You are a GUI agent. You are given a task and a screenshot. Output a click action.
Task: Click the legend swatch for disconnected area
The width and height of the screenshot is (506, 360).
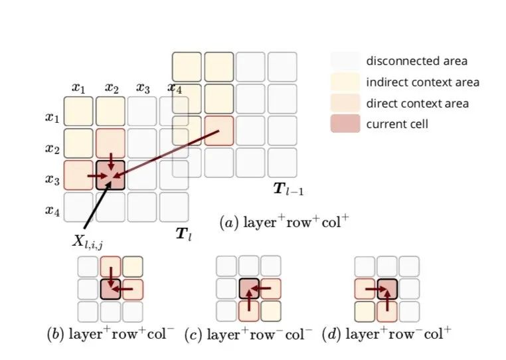(x=345, y=60)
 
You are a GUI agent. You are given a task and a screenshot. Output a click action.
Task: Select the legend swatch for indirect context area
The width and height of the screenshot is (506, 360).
(x=345, y=82)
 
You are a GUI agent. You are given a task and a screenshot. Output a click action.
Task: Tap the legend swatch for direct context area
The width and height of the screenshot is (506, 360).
(x=345, y=103)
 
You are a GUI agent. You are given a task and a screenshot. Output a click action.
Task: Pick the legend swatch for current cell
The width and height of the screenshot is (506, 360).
(x=345, y=124)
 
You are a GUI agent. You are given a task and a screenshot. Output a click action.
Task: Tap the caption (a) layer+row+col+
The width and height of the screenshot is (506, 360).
(x=284, y=223)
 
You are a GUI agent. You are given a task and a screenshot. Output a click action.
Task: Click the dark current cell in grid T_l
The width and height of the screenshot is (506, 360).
(x=111, y=175)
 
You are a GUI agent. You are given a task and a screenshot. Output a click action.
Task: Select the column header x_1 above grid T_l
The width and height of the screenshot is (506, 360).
(x=79, y=88)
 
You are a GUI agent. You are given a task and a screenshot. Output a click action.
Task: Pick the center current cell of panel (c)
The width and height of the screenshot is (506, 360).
(x=249, y=289)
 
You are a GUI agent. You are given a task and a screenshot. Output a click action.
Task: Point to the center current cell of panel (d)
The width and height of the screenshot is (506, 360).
(x=386, y=289)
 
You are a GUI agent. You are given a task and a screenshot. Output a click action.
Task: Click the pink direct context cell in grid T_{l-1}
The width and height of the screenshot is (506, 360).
(x=219, y=130)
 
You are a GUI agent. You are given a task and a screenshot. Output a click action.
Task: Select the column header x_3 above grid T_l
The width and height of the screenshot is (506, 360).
(x=142, y=88)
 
